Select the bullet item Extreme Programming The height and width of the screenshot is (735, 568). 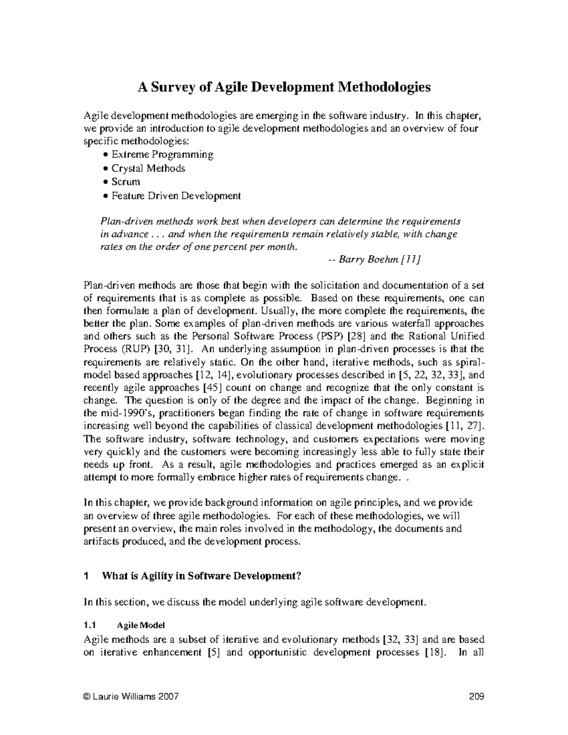click(162, 154)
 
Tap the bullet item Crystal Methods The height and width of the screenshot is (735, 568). click(148, 168)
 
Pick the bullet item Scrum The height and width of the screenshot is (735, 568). click(125, 182)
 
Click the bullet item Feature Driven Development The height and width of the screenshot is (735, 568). click(176, 195)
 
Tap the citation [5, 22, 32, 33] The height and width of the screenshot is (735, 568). click(428, 375)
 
